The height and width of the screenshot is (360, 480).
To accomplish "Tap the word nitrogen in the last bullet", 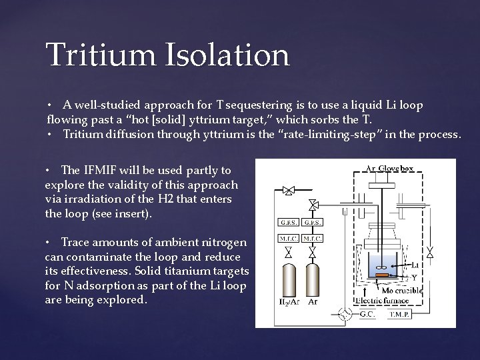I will click(x=223, y=242).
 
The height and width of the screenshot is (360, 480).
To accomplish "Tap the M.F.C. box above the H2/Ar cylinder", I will click(x=288, y=238).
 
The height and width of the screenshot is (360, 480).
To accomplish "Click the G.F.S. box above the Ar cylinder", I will click(x=312, y=222).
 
